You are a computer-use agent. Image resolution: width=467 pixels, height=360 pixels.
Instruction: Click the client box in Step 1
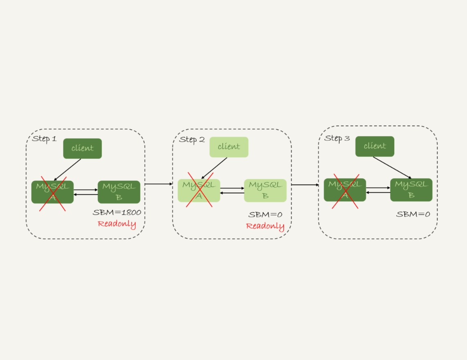(82, 148)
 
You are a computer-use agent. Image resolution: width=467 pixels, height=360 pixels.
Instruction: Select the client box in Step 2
(229, 147)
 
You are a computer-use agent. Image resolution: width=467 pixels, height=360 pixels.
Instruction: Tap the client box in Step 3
(375, 146)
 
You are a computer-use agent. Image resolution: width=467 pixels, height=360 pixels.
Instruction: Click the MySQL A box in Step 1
(52, 192)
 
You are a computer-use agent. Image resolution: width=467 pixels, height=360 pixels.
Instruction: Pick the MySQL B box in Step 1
(119, 192)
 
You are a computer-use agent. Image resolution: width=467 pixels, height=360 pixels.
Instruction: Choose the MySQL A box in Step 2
(199, 190)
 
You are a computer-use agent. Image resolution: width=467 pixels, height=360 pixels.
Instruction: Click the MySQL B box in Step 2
(265, 190)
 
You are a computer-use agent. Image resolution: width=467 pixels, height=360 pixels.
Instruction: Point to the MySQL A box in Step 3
(345, 190)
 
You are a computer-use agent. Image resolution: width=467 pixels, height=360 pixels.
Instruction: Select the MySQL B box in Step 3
(411, 190)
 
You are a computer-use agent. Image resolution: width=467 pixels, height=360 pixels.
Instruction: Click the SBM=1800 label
(117, 213)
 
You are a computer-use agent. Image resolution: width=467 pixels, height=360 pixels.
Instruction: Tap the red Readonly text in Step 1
(117, 224)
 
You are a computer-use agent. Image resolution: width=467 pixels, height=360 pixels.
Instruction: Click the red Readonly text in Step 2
(265, 226)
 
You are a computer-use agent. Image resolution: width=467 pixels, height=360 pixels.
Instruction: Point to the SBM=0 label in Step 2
(265, 215)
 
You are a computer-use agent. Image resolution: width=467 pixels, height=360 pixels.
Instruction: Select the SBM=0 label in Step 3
(413, 214)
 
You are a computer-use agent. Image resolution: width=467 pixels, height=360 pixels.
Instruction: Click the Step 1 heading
(44, 139)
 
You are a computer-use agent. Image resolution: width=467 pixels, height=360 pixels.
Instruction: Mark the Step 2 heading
(192, 139)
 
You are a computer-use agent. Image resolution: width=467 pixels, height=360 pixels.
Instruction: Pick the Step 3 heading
(337, 138)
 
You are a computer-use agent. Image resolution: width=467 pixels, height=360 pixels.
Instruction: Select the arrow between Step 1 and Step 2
(158, 184)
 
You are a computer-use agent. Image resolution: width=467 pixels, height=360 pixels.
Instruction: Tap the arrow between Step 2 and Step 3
(305, 184)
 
